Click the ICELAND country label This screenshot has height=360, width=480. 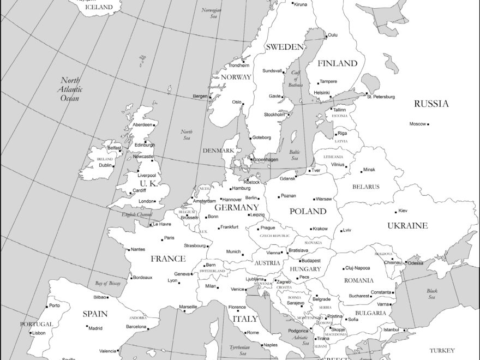click(x=99, y=7)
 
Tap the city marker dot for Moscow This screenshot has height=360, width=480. click(x=428, y=124)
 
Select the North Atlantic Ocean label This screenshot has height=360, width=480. click(x=70, y=89)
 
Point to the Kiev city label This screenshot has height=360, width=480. click(x=403, y=211)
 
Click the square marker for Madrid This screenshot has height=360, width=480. click(x=87, y=327)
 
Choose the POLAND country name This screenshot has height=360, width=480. click(x=308, y=211)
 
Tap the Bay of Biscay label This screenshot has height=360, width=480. click(x=108, y=283)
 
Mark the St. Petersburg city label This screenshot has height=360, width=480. click(x=381, y=97)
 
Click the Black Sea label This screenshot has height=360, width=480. click(x=432, y=294)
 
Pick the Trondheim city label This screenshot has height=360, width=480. click(x=239, y=65)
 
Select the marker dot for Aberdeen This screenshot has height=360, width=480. click(x=154, y=125)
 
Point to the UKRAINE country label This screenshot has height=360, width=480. click(x=407, y=225)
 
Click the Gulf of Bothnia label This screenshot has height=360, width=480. click(x=296, y=79)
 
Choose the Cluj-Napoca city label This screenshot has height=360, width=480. click(x=358, y=268)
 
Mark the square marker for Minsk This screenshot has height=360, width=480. click(x=361, y=171)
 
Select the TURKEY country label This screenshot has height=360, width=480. click(x=442, y=351)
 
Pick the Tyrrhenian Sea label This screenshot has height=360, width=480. click(x=239, y=350)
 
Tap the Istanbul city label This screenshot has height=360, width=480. click(x=391, y=329)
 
